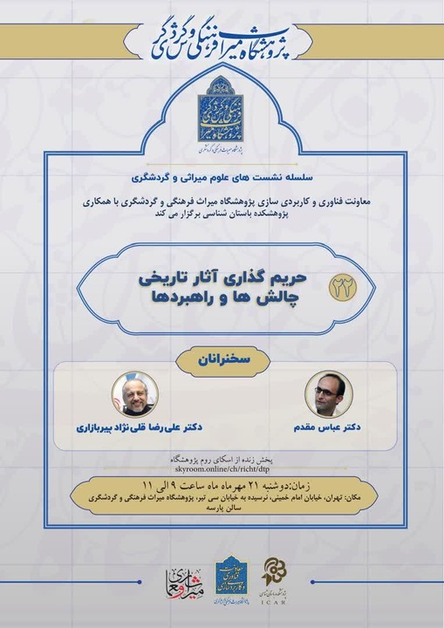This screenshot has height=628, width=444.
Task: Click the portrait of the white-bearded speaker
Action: click(x=134, y=394)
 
